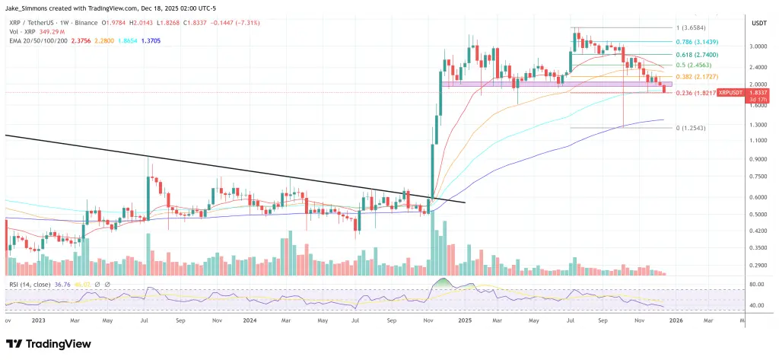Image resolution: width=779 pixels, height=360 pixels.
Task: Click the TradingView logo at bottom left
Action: click(53, 342)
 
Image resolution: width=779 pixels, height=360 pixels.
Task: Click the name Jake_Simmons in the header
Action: click(30, 7)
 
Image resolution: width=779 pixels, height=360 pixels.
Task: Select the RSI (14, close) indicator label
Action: click(28, 284)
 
